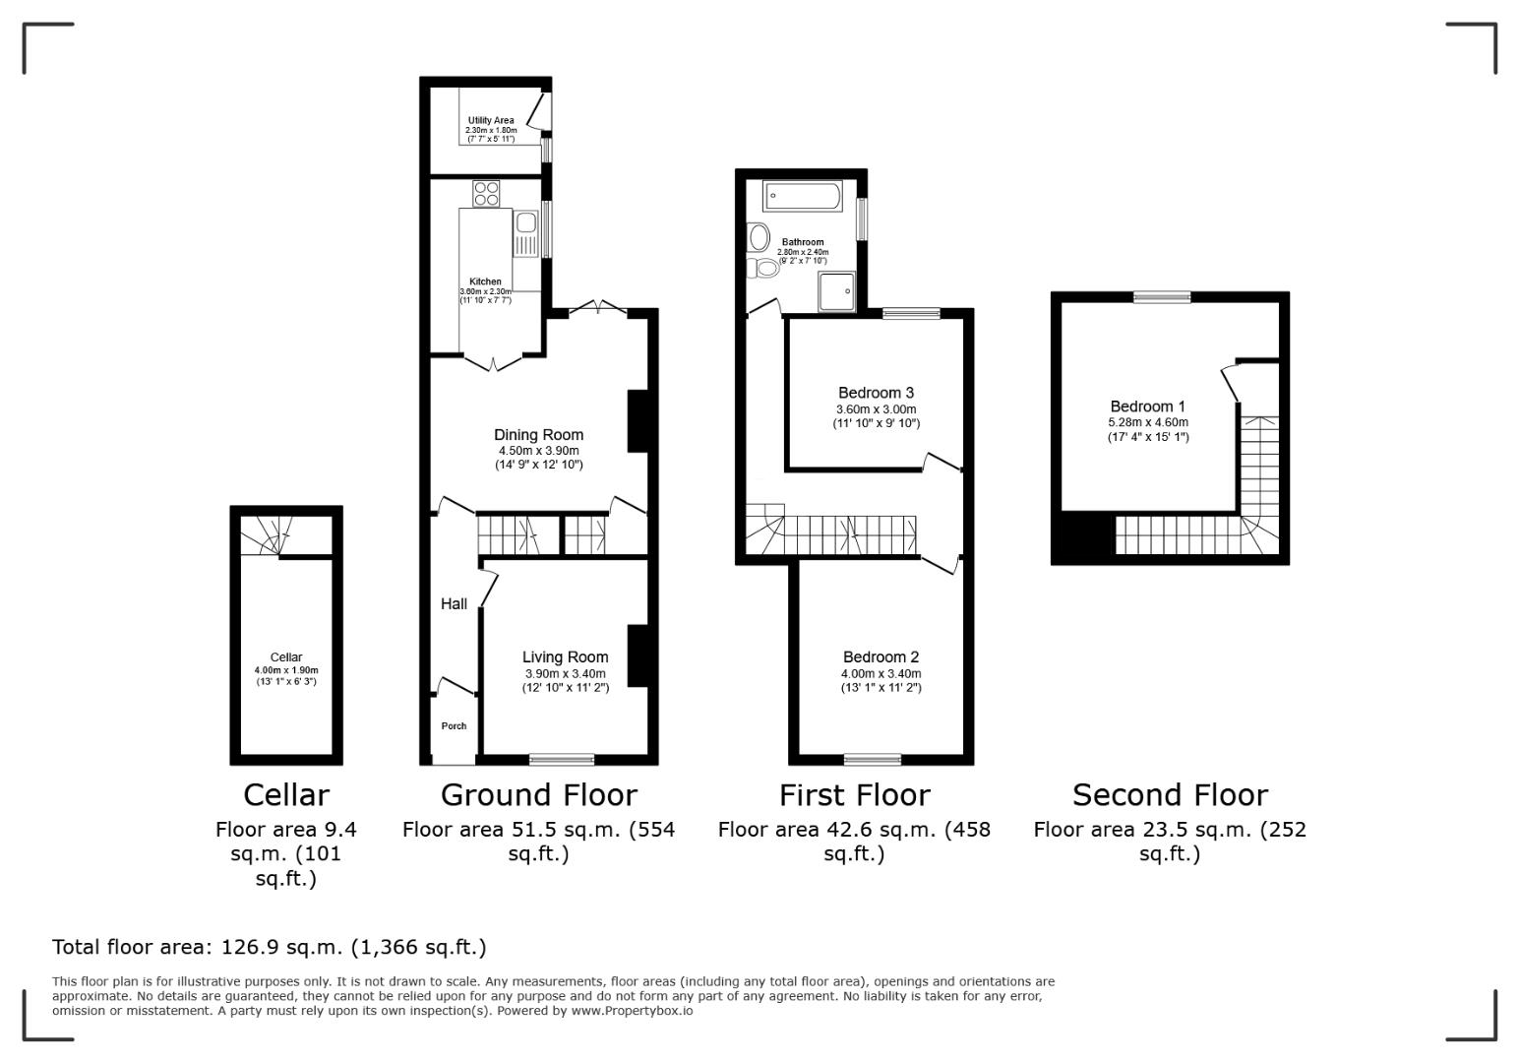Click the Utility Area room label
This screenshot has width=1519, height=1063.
click(490, 121)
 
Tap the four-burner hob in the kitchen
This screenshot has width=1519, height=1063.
click(486, 193)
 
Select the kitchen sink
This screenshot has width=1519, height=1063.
click(525, 222)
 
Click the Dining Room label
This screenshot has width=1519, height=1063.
click(538, 435)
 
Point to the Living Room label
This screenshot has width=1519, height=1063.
click(565, 657)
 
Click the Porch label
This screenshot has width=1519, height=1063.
click(454, 726)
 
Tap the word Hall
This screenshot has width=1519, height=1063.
click(454, 604)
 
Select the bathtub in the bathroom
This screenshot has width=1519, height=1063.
click(803, 197)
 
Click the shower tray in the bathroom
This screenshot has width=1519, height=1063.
click(836, 292)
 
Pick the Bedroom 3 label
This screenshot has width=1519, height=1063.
click(876, 394)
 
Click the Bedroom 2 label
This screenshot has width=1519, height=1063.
click(881, 657)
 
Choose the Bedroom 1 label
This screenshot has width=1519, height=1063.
click(1147, 406)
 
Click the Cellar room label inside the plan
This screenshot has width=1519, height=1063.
click(286, 657)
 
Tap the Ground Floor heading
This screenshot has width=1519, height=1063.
click(538, 794)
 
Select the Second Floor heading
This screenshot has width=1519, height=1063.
click(1170, 794)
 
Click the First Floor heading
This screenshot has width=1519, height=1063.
click(854, 794)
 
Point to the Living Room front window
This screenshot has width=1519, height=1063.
click(562, 759)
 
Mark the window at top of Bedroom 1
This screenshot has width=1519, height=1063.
click(1162, 296)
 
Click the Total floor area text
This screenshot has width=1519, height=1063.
click(269, 948)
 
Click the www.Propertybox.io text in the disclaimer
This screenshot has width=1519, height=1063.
click(632, 1011)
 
